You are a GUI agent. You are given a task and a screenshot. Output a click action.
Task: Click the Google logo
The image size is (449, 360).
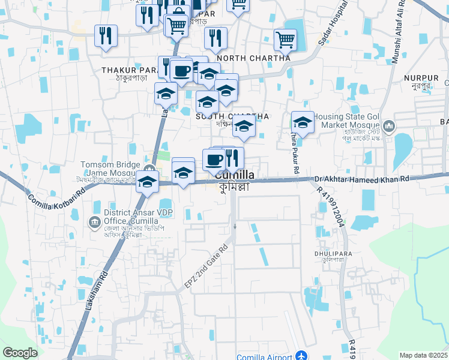20,353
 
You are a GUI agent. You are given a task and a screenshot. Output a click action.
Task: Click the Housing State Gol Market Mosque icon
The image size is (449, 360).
390,126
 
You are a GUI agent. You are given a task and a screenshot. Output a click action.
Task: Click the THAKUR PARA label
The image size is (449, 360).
124,70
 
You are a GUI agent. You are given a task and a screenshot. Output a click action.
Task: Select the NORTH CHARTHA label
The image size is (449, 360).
254,58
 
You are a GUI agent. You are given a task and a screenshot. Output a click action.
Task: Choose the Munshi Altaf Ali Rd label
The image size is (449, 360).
399,32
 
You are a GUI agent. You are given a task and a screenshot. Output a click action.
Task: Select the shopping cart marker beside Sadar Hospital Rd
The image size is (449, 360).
285,40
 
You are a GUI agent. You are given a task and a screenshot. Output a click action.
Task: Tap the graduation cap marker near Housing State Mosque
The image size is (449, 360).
303,122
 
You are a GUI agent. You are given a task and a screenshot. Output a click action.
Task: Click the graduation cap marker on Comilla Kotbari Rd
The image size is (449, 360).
146,182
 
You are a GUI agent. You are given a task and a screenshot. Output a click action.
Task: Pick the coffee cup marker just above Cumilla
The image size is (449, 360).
213,159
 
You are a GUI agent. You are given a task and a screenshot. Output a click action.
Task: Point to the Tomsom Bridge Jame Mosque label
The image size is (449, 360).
113,168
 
